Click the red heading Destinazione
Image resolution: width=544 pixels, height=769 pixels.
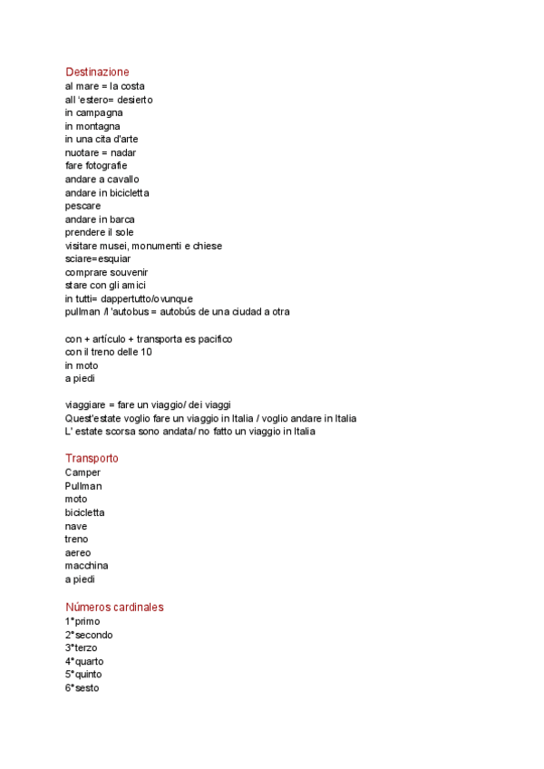coord(97,72)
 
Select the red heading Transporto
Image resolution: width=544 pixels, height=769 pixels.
coord(92,458)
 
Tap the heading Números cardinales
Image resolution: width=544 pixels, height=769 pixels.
coord(114,607)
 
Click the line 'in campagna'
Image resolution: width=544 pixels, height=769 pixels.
coord(93,112)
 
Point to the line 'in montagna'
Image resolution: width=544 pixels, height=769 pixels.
coord(92,126)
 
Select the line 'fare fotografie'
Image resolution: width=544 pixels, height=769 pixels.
coord(96,166)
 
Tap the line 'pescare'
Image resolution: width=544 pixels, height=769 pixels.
coord(83,206)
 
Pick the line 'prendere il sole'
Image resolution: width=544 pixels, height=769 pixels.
coord(99,232)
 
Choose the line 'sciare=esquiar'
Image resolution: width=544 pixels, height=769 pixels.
coord(98,258)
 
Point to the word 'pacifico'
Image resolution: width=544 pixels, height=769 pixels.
coord(211,338)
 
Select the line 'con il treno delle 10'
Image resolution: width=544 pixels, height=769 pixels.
coord(108,352)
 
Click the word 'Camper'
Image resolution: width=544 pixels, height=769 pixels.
coord(83,472)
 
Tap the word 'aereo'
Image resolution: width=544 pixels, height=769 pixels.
coord(78,552)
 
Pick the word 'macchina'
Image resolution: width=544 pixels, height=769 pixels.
coord(86,566)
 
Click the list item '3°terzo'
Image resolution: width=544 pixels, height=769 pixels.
coord(81,648)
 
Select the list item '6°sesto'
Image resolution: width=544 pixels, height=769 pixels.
coord(82,688)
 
